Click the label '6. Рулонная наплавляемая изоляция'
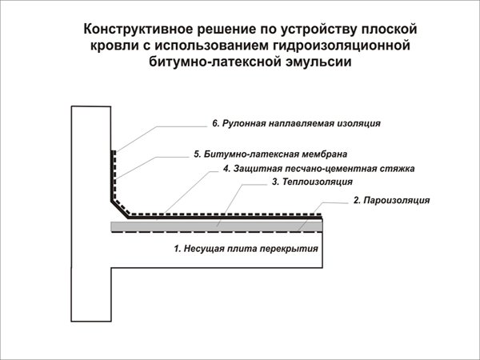pos(296,123)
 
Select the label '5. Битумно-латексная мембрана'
pos(270,154)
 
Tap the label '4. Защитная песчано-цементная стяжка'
pos(319,169)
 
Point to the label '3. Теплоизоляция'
pos(312,182)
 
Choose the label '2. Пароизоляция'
pos(391,200)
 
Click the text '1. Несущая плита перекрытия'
pos(246,248)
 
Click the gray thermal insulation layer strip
pos(217,226)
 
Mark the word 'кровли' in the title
pos(114,46)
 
